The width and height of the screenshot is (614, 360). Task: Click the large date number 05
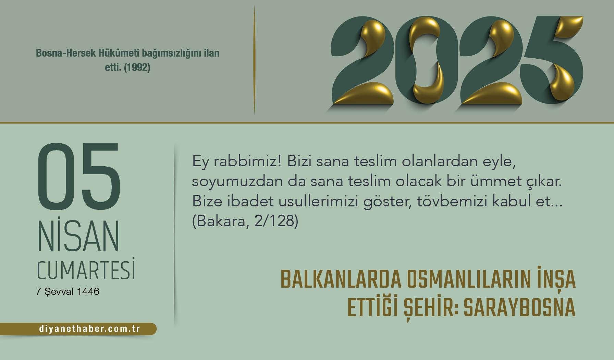tap(79, 176)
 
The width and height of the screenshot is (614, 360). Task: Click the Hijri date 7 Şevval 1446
tap(67, 291)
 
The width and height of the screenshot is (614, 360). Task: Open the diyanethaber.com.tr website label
tap(89, 329)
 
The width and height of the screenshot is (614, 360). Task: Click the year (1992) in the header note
tap(137, 68)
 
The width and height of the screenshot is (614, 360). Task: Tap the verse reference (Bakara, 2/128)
tap(245, 221)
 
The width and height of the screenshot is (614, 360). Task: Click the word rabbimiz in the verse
tap(247, 161)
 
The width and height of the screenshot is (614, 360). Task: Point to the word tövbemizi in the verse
tap(452, 201)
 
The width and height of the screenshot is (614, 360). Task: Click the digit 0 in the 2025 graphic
tap(427, 60)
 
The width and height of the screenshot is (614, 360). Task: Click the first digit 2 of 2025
tap(362, 60)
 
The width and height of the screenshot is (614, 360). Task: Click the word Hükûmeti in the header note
tap(119, 53)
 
